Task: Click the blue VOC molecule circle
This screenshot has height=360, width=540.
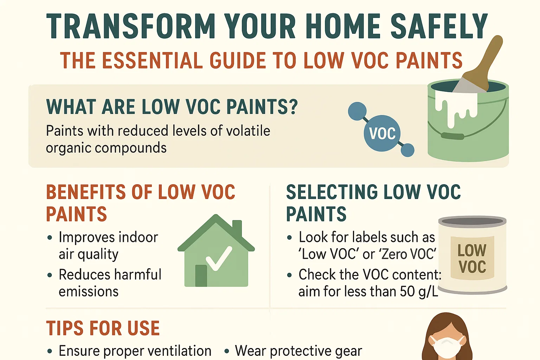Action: (382, 133)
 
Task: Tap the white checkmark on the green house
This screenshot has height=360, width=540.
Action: (219, 258)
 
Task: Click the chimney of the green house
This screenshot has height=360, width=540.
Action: (237, 229)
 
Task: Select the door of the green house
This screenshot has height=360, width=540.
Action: (201, 276)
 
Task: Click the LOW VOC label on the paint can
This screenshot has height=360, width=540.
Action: (472, 259)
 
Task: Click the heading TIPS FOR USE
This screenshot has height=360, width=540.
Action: (103, 328)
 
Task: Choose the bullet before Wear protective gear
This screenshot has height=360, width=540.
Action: (227, 351)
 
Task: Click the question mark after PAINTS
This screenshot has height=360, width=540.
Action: (292, 107)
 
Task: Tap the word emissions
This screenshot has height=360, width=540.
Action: (89, 292)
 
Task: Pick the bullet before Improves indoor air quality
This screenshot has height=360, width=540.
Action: (50, 238)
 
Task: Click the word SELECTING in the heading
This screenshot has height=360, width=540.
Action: (332, 192)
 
